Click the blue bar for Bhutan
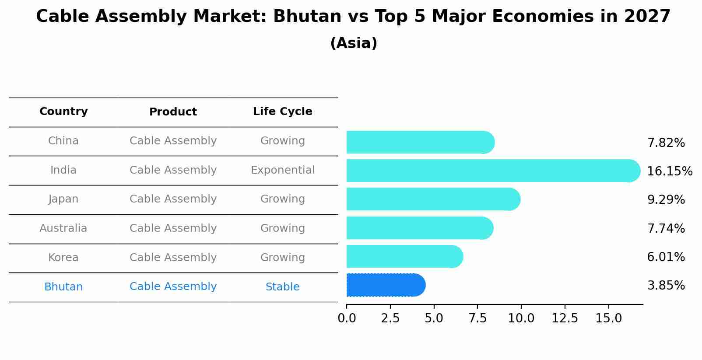pos(385,285)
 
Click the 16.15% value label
pos(669,171)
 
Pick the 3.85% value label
pos(666,286)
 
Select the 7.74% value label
pos(666,228)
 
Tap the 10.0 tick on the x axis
pos(521,318)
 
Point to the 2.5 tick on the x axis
pos(390,318)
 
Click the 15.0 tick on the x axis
pos(608,318)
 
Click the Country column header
pos(63,112)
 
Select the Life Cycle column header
pos(282,112)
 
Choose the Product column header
pos(173,112)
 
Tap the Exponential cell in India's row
pos(282,170)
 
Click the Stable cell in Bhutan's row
pos(282,287)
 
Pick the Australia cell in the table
pos(63,228)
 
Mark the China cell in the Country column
pos(63,141)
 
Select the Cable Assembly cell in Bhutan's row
pos(173,287)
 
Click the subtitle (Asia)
pos(353,43)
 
